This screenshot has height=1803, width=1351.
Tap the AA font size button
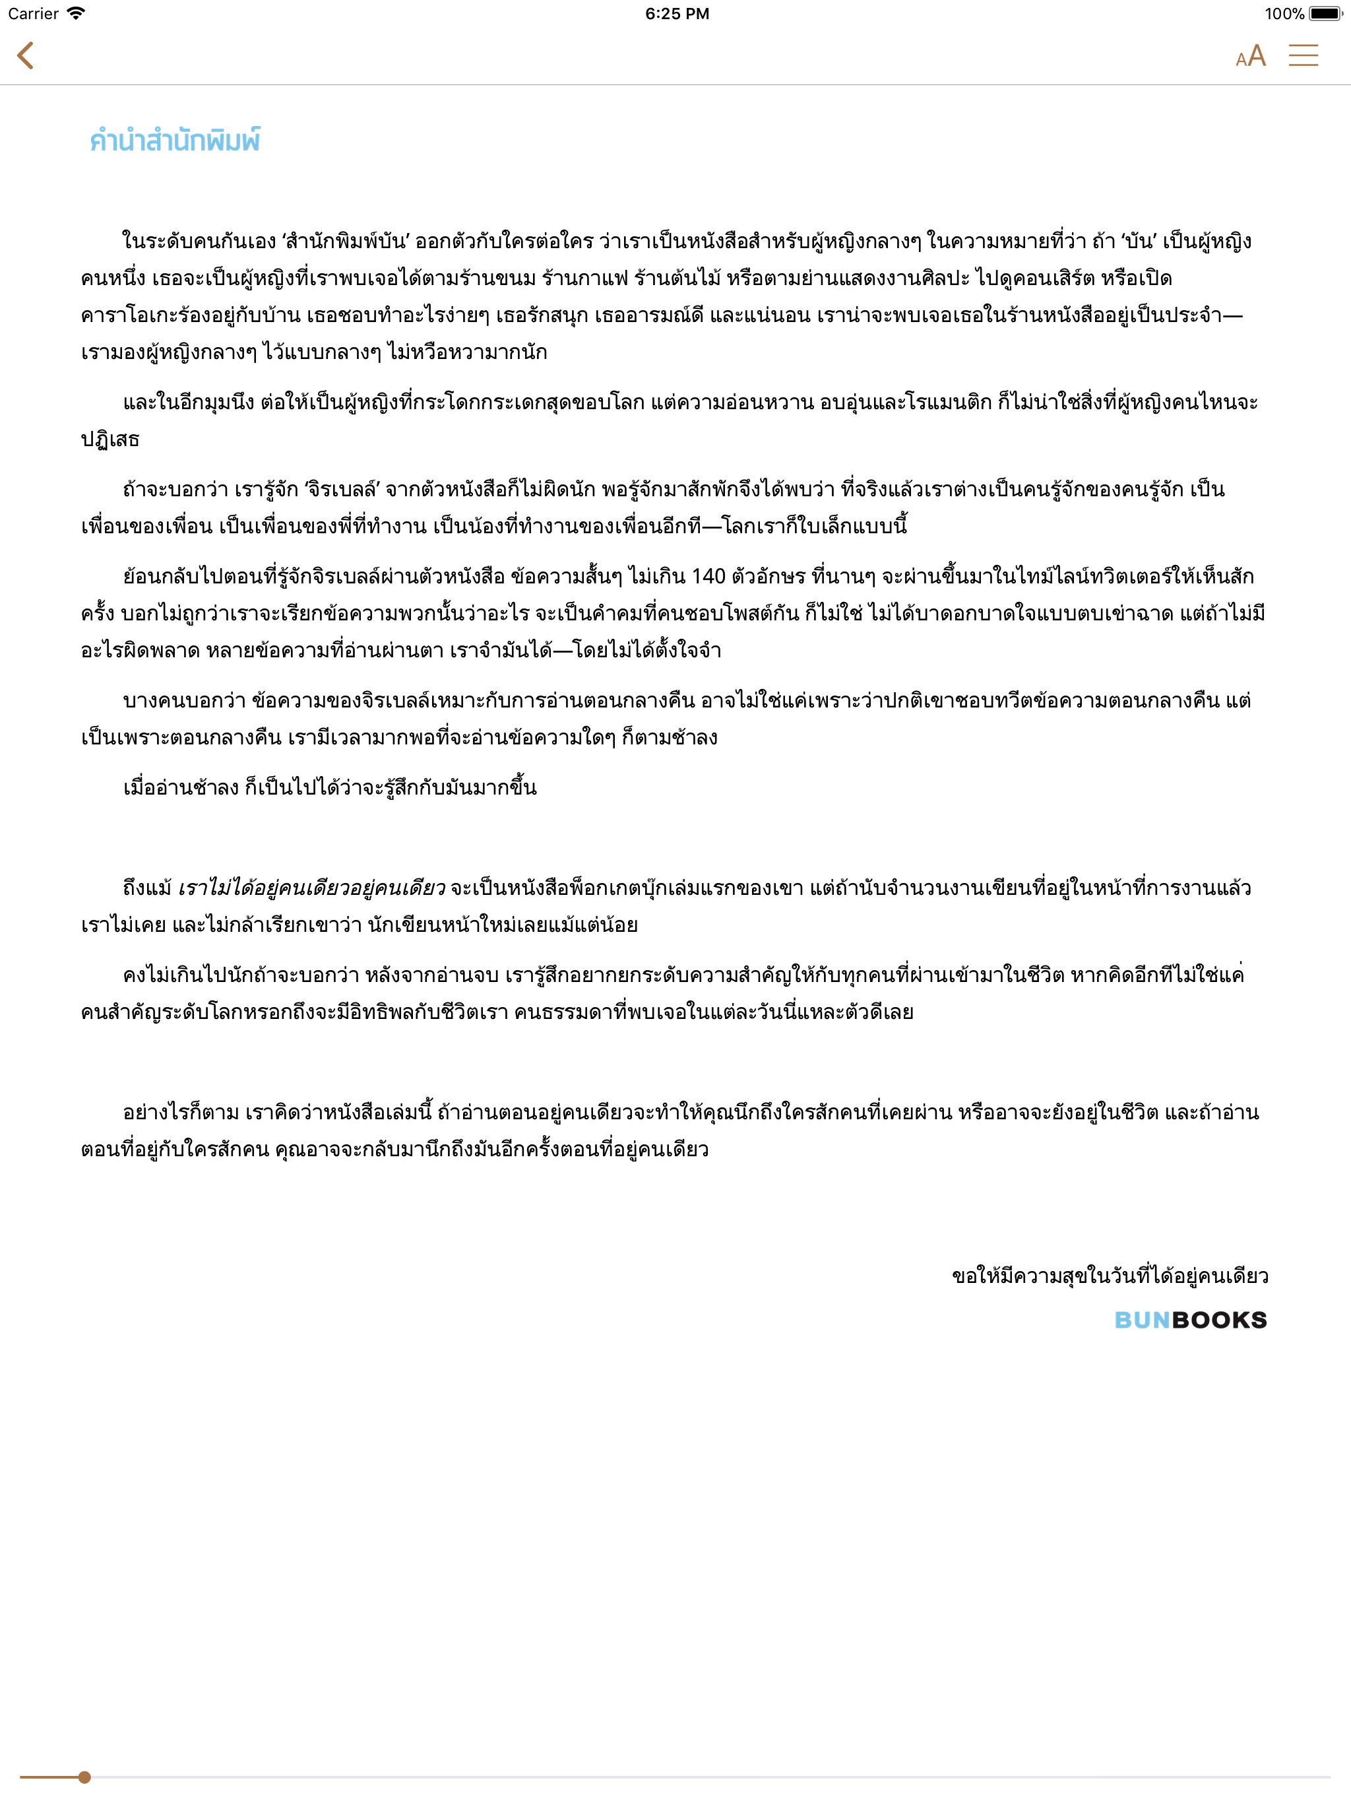click(1250, 55)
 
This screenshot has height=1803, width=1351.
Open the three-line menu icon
click(1303, 55)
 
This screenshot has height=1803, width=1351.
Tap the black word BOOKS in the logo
click(1219, 1321)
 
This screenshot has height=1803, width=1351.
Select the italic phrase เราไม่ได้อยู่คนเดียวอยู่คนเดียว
click(311, 888)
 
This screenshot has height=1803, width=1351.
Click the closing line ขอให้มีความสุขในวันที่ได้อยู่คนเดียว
click(1110, 1276)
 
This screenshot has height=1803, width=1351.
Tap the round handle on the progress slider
click(84, 1777)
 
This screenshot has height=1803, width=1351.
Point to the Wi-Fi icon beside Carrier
click(76, 14)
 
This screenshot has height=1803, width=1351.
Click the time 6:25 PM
click(676, 14)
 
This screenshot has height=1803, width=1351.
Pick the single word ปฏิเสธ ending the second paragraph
click(110, 440)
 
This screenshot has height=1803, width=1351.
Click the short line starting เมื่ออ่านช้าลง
click(329, 788)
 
